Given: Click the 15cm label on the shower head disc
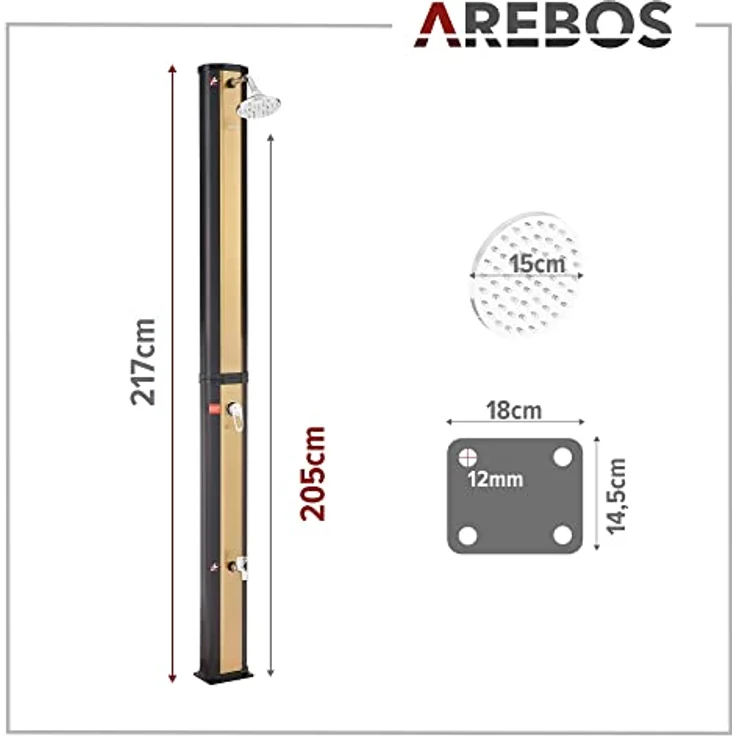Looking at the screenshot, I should click(x=534, y=267).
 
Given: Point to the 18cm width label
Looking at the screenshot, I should click(x=512, y=411).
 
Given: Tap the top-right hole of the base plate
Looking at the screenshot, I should click(x=563, y=457).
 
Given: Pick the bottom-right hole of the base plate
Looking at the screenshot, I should click(x=563, y=535).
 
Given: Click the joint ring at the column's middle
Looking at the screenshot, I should click(x=223, y=376).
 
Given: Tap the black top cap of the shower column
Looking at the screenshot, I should click(x=218, y=69).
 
